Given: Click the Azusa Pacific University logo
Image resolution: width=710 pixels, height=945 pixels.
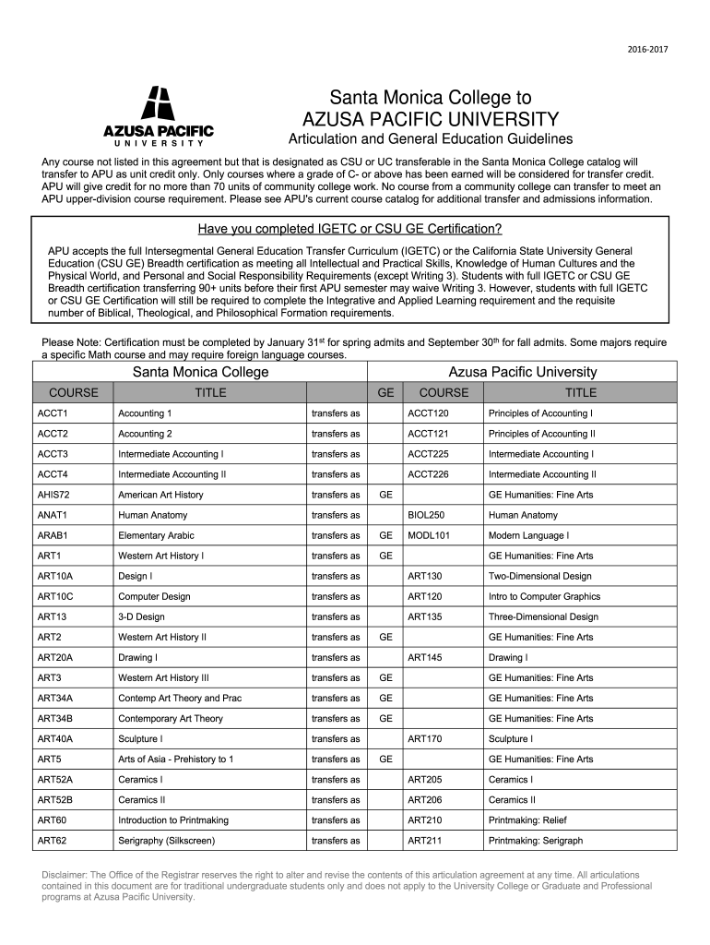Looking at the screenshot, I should (158, 116).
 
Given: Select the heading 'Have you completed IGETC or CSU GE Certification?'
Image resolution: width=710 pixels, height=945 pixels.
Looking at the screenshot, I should (350, 230).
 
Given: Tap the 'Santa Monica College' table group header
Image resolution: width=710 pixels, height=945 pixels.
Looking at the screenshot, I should (201, 372).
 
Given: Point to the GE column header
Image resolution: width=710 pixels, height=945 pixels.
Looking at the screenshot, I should (385, 392).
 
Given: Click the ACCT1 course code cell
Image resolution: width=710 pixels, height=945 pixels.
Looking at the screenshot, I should (53, 413).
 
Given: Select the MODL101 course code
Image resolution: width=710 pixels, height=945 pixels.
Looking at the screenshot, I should (429, 535).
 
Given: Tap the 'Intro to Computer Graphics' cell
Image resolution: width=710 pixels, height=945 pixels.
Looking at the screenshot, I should (544, 596).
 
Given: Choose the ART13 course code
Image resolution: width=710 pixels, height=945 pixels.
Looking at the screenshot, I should (52, 616).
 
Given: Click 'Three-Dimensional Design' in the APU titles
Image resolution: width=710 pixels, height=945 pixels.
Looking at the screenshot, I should (543, 616).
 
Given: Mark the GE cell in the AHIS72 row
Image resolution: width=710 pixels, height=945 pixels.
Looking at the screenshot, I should (385, 495).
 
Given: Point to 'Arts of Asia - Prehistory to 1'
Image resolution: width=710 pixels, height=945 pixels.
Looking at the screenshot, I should (175, 760).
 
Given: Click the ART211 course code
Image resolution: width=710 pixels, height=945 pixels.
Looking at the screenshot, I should (425, 841).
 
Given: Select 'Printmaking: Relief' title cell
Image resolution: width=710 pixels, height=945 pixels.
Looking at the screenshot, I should (527, 820).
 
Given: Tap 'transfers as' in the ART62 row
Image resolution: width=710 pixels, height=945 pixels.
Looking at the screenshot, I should (336, 841).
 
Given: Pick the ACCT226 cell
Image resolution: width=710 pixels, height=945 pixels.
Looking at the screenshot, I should (428, 474).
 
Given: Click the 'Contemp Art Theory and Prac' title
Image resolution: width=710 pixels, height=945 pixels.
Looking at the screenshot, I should (180, 698).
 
